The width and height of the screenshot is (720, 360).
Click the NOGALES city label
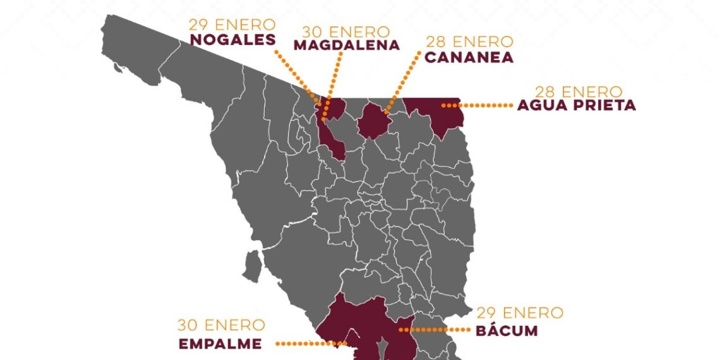click(232, 40)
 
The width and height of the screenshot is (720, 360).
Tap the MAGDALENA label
click(347, 45)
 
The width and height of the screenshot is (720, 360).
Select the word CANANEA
click(469, 57)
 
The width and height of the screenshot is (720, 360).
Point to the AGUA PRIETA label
click(576, 105)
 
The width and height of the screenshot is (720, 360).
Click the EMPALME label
click(219, 344)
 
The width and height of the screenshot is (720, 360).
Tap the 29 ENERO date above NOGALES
click(232, 25)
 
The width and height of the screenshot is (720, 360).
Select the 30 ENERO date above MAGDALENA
click(347, 31)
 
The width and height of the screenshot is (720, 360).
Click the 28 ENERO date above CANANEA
click(469, 42)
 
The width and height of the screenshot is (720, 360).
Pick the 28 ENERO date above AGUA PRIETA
click(579, 92)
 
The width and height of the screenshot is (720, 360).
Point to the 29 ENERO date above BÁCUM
click(519, 313)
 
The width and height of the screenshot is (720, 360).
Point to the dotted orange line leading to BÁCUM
click(436, 330)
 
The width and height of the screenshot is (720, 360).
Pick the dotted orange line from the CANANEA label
click(404, 82)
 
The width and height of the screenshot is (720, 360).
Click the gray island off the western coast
click(253, 267)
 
